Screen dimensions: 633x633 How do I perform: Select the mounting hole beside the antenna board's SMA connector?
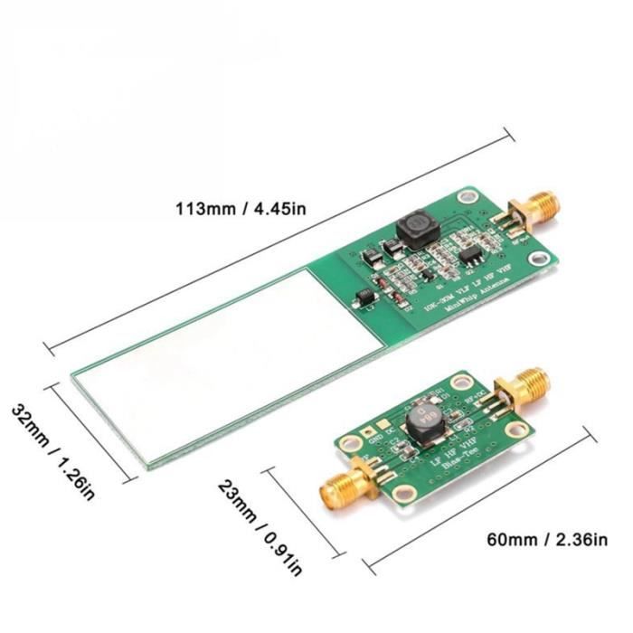pyautogui.click(x=468, y=195)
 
